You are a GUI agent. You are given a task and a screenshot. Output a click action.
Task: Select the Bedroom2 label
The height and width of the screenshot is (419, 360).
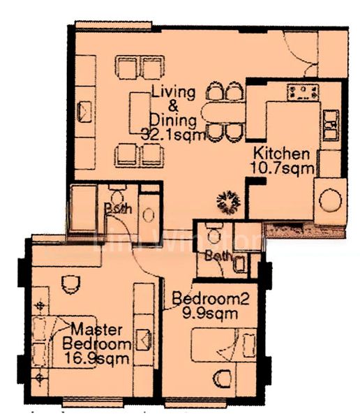[x=210, y=299]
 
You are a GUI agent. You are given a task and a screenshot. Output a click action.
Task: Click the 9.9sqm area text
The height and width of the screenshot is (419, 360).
[x=209, y=314]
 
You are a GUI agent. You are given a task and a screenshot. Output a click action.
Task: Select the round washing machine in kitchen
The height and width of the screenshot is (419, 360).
[x=329, y=200]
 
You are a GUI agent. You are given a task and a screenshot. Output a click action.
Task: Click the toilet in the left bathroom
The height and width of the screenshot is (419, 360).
[x=116, y=195]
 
